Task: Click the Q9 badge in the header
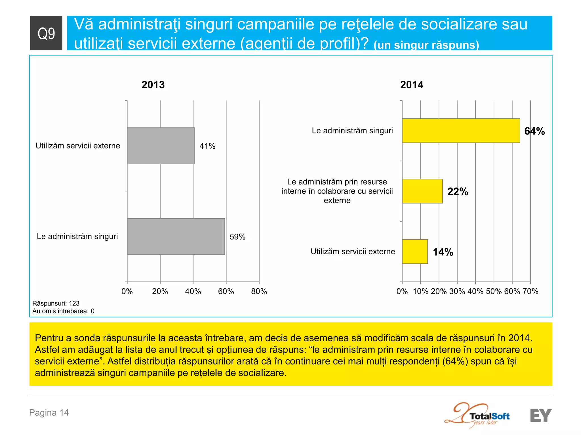[46, 33]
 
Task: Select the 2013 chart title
[153, 85]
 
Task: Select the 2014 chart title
[412, 85]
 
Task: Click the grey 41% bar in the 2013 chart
[161, 146]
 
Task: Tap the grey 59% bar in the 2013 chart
[176, 236]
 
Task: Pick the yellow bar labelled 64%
[461, 131]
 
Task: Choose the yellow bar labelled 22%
[422, 191]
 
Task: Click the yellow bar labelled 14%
[415, 251]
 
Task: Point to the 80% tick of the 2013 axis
[259, 291]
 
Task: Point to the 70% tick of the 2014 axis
[531, 291]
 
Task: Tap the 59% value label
[237, 237]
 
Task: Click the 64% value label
[534, 131]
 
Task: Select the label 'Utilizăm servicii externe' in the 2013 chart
[78, 146]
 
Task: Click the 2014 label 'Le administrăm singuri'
[352, 131]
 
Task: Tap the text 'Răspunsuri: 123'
[56, 303]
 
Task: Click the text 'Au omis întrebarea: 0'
[63, 311]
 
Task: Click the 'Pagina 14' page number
[49, 413]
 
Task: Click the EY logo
[541, 416]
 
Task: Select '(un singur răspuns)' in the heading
[426, 45]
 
